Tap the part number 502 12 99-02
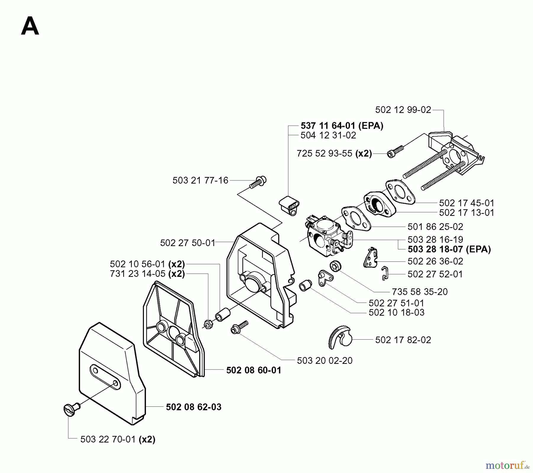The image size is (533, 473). tap(403, 110)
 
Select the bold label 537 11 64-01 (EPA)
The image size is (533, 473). tap(342, 126)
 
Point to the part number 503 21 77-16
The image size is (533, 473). tap(200, 180)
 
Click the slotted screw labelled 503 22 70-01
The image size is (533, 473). tap(71, 410)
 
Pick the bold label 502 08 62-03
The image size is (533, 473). tap(193, 407)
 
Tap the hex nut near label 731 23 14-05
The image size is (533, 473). tap(208, 324)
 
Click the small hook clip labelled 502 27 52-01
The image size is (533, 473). tap(384, 273)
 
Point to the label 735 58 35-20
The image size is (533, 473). tap(420, 292)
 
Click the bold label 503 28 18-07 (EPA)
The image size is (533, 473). tap(449, 249)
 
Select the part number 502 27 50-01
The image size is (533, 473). tap(187, 243)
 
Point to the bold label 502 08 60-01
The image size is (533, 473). tap(253, 370)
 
